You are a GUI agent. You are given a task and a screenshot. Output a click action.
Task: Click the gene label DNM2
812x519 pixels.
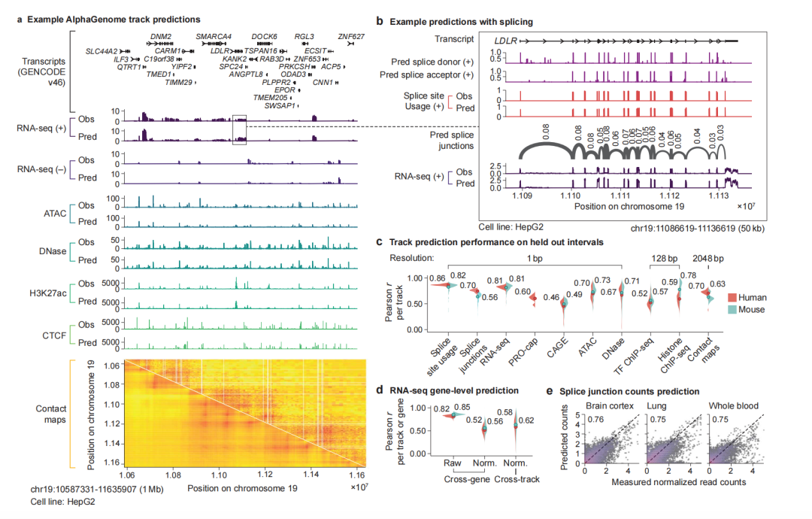pyautogui.click(x=160, y=36)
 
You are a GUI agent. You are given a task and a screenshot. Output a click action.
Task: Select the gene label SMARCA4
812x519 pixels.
pyautogui.click(x=214, y=36)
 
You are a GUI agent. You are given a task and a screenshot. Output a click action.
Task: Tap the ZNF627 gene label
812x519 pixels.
pyautogui.click(x=351, y=36)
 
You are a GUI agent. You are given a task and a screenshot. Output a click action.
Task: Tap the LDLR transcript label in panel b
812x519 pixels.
pyautogui.click(x=505, y=38)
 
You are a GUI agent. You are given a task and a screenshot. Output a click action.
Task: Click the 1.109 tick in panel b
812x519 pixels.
pyautogui.click(x=520, y=194)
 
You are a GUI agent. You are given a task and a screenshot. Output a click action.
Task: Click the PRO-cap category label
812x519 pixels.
pyautogui.click(x=524, y=348)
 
